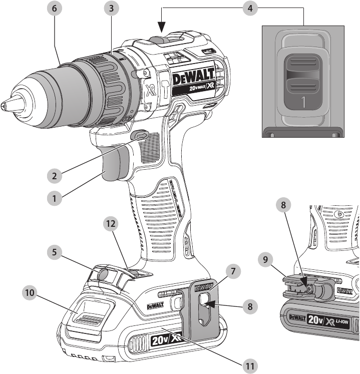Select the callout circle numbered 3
coord(114,9)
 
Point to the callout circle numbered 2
coord(55,176)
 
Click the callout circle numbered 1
coord(55,198)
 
